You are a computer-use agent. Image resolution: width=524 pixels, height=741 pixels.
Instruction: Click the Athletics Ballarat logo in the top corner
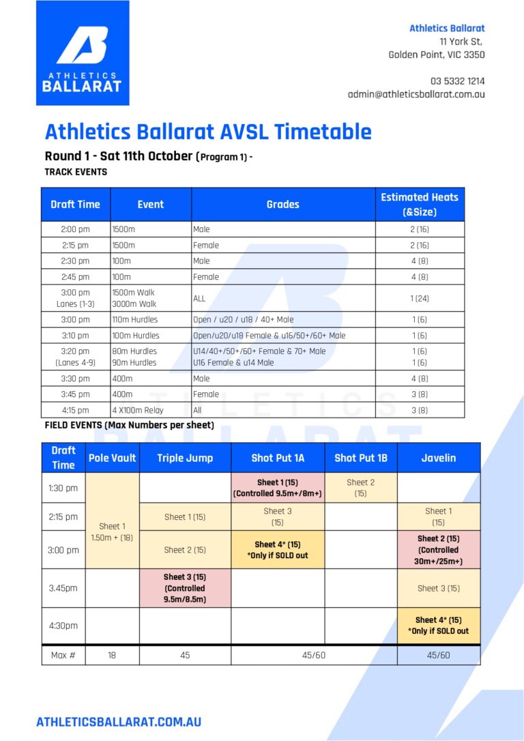tap(83, 53)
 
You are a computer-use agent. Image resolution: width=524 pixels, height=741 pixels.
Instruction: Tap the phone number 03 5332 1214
tap(457, 81)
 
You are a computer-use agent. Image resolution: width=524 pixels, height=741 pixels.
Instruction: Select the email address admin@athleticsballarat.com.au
tap(416, 95)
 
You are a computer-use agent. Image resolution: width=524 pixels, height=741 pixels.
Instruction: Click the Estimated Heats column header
tap(420, 204)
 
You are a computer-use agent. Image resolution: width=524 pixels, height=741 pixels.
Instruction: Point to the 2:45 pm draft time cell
tap(76, 276)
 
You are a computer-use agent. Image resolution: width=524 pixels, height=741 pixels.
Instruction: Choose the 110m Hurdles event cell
tap(151, 319)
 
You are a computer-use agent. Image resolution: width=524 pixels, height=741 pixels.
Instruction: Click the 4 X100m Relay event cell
tap(151, 410)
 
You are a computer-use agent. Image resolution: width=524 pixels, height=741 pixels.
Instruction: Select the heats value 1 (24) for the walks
tap(420, 298)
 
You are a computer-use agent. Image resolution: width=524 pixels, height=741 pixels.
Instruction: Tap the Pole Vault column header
tap(112, 458)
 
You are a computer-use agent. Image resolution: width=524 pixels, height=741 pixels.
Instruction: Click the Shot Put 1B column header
tap(361, 458)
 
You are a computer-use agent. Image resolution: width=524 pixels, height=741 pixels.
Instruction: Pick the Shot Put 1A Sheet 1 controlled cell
tap(278, 488)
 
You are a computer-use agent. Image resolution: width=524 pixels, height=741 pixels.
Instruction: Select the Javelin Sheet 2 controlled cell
tap(439, 549)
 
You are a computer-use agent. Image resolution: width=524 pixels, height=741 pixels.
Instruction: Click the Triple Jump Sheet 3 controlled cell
tap(185, 588)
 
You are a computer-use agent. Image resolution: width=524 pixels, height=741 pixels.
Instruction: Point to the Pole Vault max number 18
tap(112, 656)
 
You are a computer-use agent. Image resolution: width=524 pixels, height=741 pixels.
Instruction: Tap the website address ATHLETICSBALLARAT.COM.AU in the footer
tap(119, 722)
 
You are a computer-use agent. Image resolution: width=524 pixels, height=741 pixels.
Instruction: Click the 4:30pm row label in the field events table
tap(63, 626)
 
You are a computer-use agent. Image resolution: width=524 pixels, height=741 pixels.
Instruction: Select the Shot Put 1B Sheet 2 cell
tap(361, 488)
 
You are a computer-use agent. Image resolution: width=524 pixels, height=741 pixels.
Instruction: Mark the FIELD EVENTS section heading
tap(129, 425)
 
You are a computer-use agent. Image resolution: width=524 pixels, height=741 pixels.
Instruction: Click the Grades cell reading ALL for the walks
tap(283, 298)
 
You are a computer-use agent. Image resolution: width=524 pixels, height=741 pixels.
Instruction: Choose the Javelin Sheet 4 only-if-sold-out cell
tap(439, 626)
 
